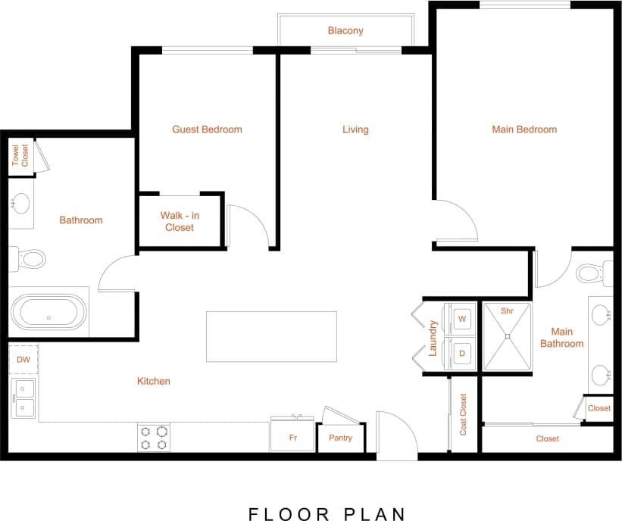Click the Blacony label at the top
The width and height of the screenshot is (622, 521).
[345, 31]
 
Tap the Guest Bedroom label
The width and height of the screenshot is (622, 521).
[207, 129]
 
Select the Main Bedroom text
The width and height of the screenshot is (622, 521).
[524, 129]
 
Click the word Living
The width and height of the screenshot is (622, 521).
[355, 129]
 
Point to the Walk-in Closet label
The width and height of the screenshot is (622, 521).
[180, 221]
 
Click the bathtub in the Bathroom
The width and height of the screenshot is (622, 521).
[48, 311]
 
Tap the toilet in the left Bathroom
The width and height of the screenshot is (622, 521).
[27, 259]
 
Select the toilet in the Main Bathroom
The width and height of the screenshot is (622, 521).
[594, 272]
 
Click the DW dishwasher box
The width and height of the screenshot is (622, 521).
[23, 360]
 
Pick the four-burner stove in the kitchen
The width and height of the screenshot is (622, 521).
[154, 438]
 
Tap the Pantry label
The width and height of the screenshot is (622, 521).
[340, 438]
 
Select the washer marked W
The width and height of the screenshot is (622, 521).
[461, 319]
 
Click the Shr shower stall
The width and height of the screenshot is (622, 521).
[508, 337]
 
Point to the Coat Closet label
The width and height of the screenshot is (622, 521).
[463, 414]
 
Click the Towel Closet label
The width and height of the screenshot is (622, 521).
[20, 156]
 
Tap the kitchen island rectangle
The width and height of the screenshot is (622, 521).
[271, 336]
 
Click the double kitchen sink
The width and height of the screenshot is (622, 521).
[23, 398]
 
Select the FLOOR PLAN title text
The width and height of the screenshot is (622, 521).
[327, 514]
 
